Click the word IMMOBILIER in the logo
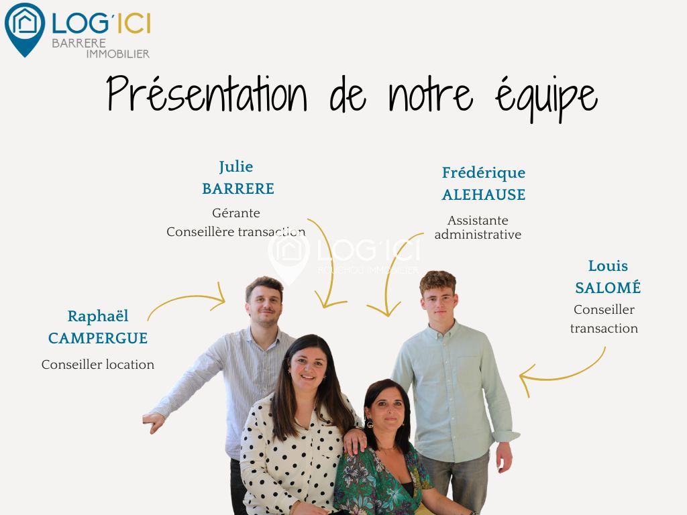pyautogui.click(x=118, y=54)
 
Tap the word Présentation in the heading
pyautogui.click(x=207, y=93)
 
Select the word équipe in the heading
pyautogui.click(x=546, y=98)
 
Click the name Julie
pyautogui.click(x=236, y=167)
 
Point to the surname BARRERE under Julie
pyautogui.click(x=238, y=188)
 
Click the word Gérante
pyautogui.click(x=236, y=213)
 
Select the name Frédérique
pyautogui.click(x=484, y=173)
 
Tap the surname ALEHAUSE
pyautogui.click(x=484, y=195)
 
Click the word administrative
pyautogui.click(x=478, y=235)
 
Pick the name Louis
pyautogui.click(x=608, y=266)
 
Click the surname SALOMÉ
pyautogui.click(x=608, y=287)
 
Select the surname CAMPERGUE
pyautogui.click(x=98, y=338)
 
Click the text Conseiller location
pyautogui.click(x=98, y=364)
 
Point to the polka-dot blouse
pyautogui.click(x=294, y=455)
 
